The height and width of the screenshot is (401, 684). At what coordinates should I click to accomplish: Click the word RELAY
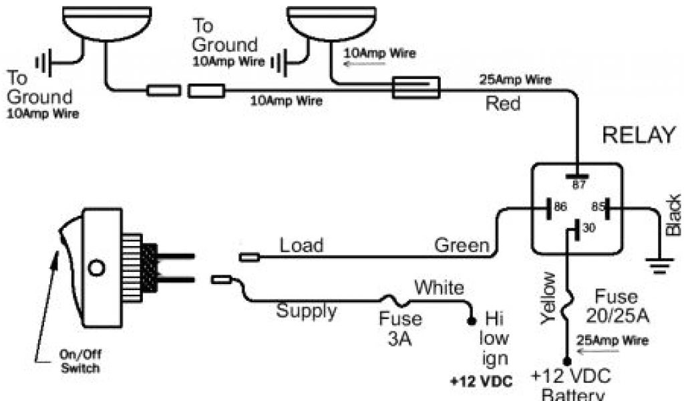[x=639, y=136]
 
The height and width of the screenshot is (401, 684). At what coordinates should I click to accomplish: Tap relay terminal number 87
[x=578, y=185]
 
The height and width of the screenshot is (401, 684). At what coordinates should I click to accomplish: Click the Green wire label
[x=462, y=245]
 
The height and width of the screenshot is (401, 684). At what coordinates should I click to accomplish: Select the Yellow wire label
[x=548, y=298]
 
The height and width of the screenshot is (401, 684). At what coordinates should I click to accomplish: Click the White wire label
[x=439, y=288]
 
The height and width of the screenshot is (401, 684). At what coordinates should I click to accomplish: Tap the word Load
[x=301, y=245]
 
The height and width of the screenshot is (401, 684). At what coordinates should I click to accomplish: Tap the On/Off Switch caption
[x=80, y=362]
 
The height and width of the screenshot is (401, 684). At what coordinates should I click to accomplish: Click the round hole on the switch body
[x=97, y=268]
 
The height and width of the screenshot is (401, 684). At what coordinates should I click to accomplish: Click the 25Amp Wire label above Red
[x=516, y=81]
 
